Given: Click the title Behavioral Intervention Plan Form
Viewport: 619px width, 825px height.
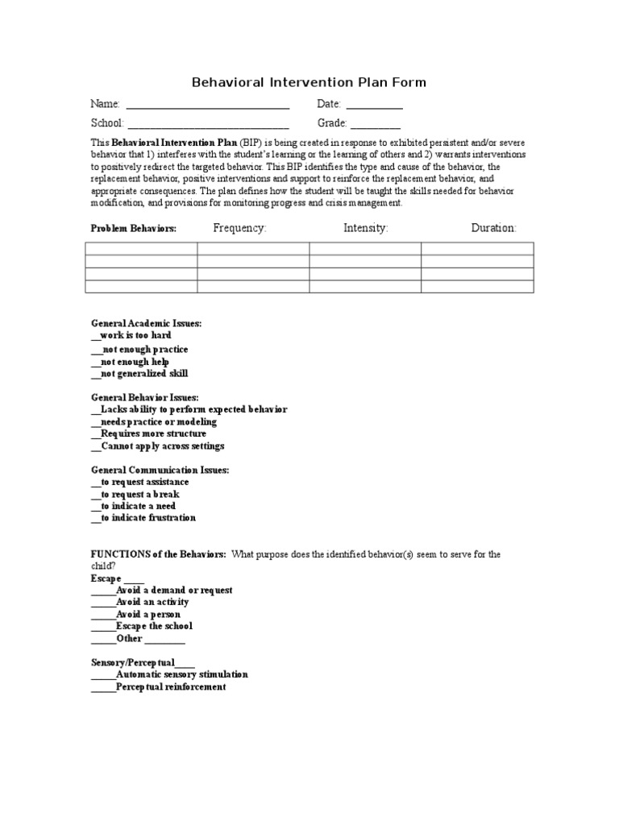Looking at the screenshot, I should point(309,82).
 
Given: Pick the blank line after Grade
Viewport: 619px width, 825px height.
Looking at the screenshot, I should point(375,126).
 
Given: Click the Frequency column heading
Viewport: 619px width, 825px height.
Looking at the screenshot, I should point(239,228).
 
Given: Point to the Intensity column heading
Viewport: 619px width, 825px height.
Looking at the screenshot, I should point(365,228).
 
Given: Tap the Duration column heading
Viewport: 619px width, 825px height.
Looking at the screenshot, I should point(493,228).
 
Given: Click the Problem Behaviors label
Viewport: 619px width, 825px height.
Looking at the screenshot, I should point(133,229).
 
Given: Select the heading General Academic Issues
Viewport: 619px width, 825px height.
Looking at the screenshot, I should point(145,323).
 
